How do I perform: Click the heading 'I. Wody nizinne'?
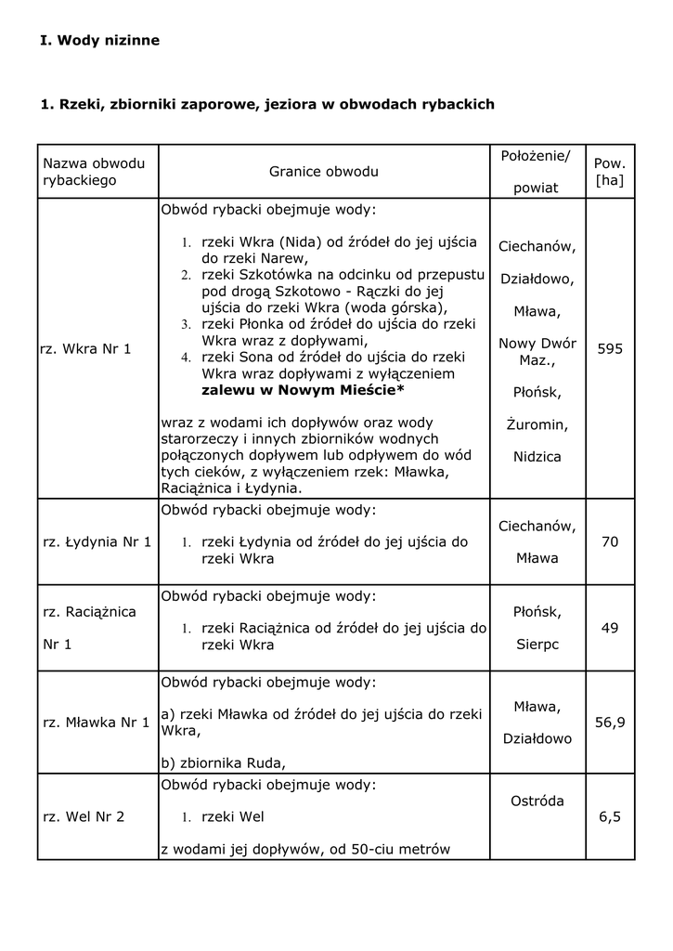[100, 41]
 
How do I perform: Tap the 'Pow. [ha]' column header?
[610, 172]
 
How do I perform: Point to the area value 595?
[610, 349]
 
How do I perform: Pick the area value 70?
[610, 541]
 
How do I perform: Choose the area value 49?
[610, 628]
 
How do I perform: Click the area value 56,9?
[610, 722]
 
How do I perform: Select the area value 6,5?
[610, 816]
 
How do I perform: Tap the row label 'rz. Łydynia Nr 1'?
[97, 541]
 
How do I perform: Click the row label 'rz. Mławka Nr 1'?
[97, 722]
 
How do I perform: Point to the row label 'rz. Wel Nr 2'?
[84, 816]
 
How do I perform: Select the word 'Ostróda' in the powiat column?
[537, 801]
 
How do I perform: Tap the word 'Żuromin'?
[537, 424]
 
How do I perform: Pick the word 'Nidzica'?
[537, 457]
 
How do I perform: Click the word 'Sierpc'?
[537, 645]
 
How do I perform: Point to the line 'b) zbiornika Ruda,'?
[223, 763]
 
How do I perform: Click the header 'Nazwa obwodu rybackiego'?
[94, 172]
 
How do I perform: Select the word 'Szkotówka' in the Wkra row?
[271, 275]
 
